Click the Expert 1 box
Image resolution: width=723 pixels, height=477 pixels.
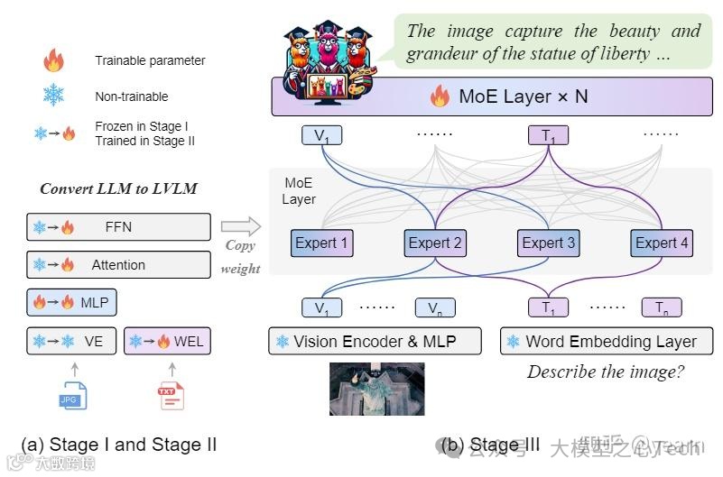click(320, 243)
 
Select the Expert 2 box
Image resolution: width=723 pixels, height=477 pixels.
click(435, 243)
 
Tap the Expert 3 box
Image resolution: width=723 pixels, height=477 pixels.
click(548, 243)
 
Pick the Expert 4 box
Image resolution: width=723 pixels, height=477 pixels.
click(662, 243)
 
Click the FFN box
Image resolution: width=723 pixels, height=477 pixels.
click(118, 227)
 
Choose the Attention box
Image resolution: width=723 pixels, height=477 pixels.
click(118, 265)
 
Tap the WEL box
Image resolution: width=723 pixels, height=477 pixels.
click(167, 342)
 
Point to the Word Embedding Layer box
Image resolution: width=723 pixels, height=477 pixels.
click(606, 342)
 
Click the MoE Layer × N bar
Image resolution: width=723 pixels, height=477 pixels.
click(493, 96)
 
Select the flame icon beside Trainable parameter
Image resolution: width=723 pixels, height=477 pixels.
click(53, 61)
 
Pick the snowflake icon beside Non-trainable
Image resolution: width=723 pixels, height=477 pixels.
click(53, 96)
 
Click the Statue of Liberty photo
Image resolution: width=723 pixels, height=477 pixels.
click(377, 388)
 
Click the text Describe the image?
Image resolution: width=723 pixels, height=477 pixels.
click(606, 372)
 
